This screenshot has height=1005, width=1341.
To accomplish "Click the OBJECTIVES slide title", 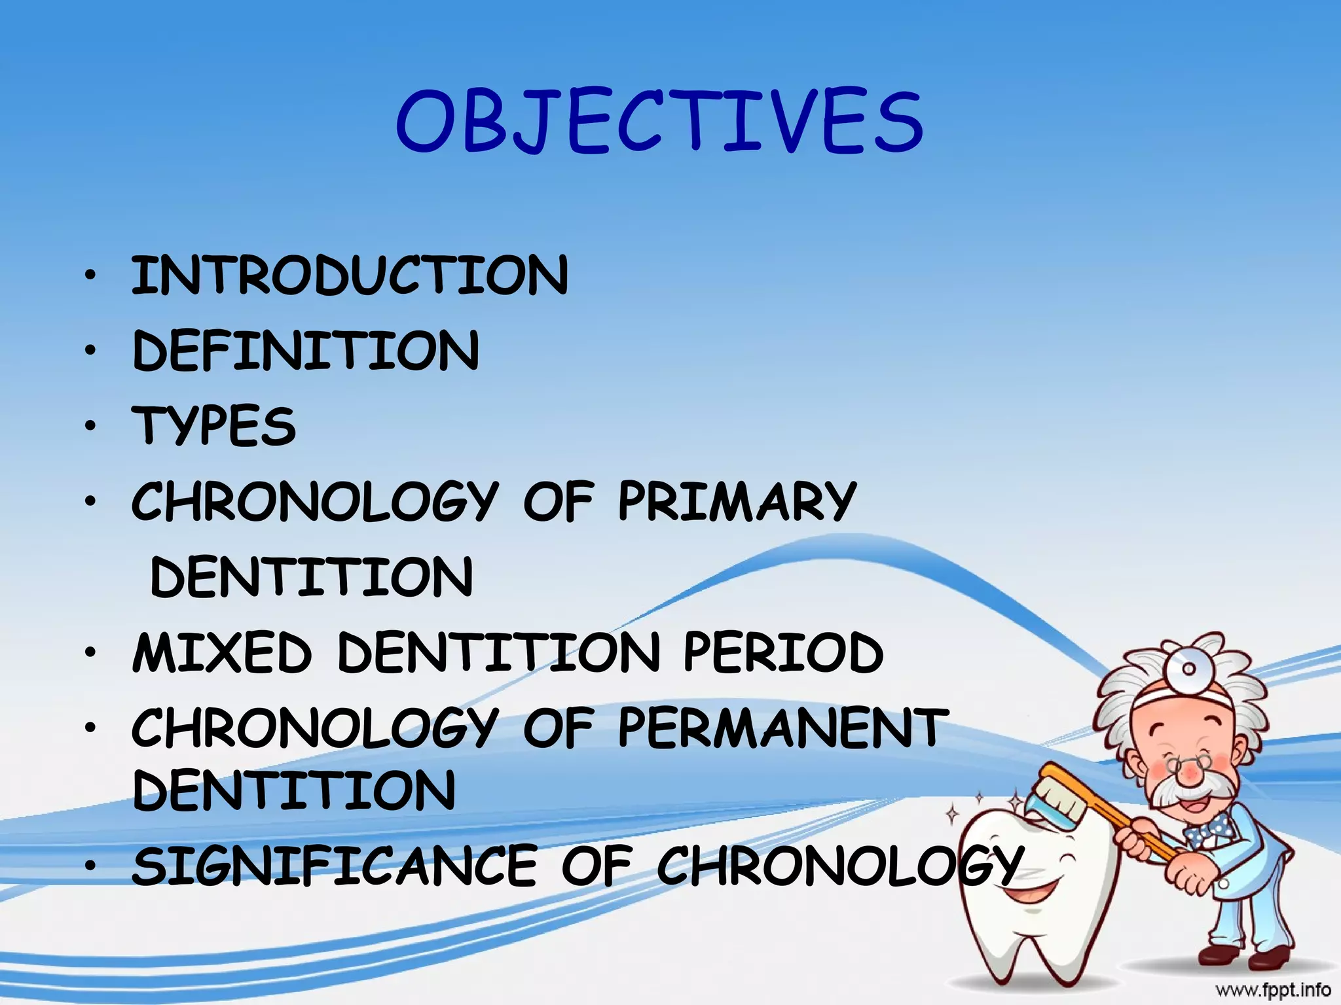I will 659,122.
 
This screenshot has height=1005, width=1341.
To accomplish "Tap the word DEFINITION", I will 306,351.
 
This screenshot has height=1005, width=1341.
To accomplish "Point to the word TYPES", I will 215,426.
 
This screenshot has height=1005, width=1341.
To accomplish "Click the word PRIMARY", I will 737,501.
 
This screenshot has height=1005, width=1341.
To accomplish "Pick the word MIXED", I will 222,653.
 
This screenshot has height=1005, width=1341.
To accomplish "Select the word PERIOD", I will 783,653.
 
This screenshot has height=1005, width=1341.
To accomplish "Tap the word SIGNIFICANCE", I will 334,866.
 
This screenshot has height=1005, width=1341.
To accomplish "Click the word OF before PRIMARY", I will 559,501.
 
